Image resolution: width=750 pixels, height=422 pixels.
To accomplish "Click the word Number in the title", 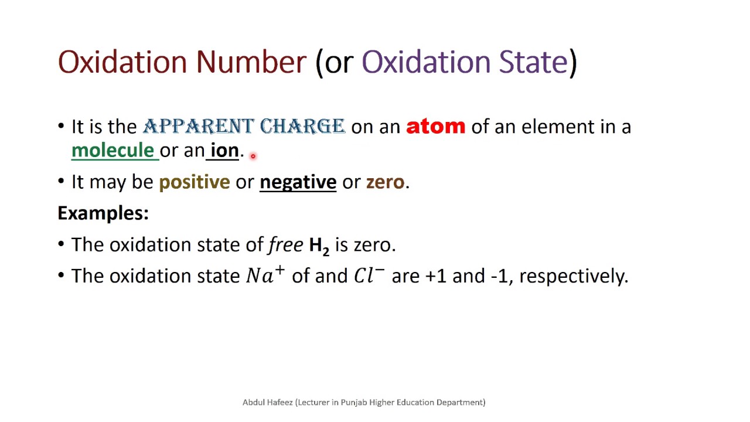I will point(251,62).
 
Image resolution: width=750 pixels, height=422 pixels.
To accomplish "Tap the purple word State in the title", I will point(533,62).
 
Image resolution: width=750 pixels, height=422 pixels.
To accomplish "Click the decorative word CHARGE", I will point(302,127).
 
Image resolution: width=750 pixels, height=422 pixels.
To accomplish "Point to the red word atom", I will point(435,127).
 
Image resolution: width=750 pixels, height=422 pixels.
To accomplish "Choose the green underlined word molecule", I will point(112,151).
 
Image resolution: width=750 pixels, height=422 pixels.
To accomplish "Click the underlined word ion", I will point(224,151).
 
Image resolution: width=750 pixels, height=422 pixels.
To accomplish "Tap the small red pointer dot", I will point(253,156).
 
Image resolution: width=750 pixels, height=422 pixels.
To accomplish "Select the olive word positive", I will point(194,182).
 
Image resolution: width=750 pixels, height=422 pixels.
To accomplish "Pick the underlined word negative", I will point(298,182).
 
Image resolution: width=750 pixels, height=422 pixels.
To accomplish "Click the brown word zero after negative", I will point(385,182).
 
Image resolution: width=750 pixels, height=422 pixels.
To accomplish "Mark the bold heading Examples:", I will point(103,213).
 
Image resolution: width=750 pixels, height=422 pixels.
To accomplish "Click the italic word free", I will point(285,244).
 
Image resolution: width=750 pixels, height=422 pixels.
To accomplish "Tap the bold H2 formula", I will point(319,246).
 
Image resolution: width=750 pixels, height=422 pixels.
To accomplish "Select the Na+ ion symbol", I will point(265,275).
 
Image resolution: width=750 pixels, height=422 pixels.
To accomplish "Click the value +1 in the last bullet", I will point(435,275).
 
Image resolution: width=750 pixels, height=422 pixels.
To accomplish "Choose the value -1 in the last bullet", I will point(499,275).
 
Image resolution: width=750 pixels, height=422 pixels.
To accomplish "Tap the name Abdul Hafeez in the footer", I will point(268,402).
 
